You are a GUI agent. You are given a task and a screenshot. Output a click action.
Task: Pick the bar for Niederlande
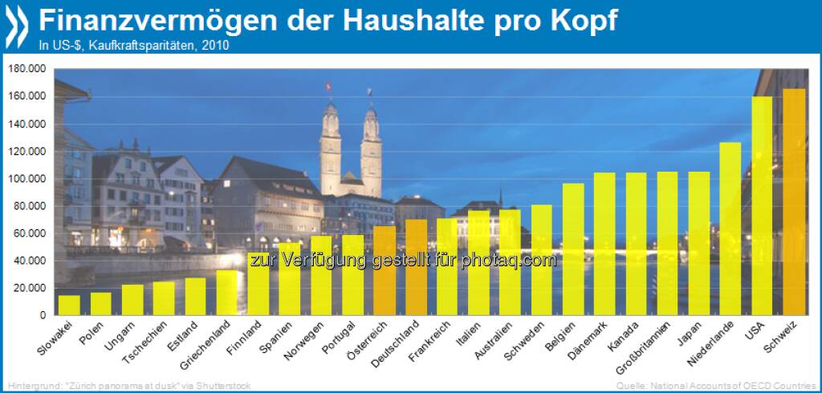pyautogui.click(x=730, y=229)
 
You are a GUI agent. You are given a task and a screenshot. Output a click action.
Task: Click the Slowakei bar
pyautogui.click(x=70, y=305)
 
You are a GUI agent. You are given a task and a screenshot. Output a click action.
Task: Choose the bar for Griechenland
pyautogui.click(x=227, y=292)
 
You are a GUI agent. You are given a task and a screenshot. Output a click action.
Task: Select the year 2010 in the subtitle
pyautogui.click(x=217, y=45)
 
